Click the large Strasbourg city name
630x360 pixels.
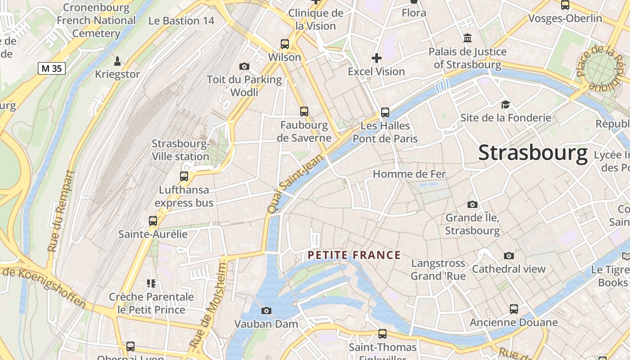click(x=533, y=153)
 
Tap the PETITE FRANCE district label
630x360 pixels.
click(x=354, y=256)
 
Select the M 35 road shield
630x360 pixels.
click(x=52, y=68)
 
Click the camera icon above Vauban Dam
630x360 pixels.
click(x=266, y=310)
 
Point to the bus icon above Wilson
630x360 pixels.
click(x=284, y=44)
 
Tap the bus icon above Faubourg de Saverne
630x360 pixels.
click(x=304, y=111)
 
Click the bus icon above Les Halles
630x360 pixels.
click(x=385, y=112)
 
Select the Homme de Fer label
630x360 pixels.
click(x=409, y=174)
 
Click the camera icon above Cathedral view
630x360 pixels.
click(x=509, y=256)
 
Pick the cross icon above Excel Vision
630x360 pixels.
click(x=377, y=58)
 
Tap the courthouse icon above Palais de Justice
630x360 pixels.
click(x=468, y=38)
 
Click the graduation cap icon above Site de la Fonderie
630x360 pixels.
click(x=505, y=105)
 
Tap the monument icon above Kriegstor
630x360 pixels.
click(x=117, y=61)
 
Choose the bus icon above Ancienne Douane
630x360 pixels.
click(x=514, y=309)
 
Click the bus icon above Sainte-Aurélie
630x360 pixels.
click(x=153, y=221)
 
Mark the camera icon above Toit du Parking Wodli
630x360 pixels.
click(x=244, y=67)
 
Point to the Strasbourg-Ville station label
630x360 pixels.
click(x=180, y=150)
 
